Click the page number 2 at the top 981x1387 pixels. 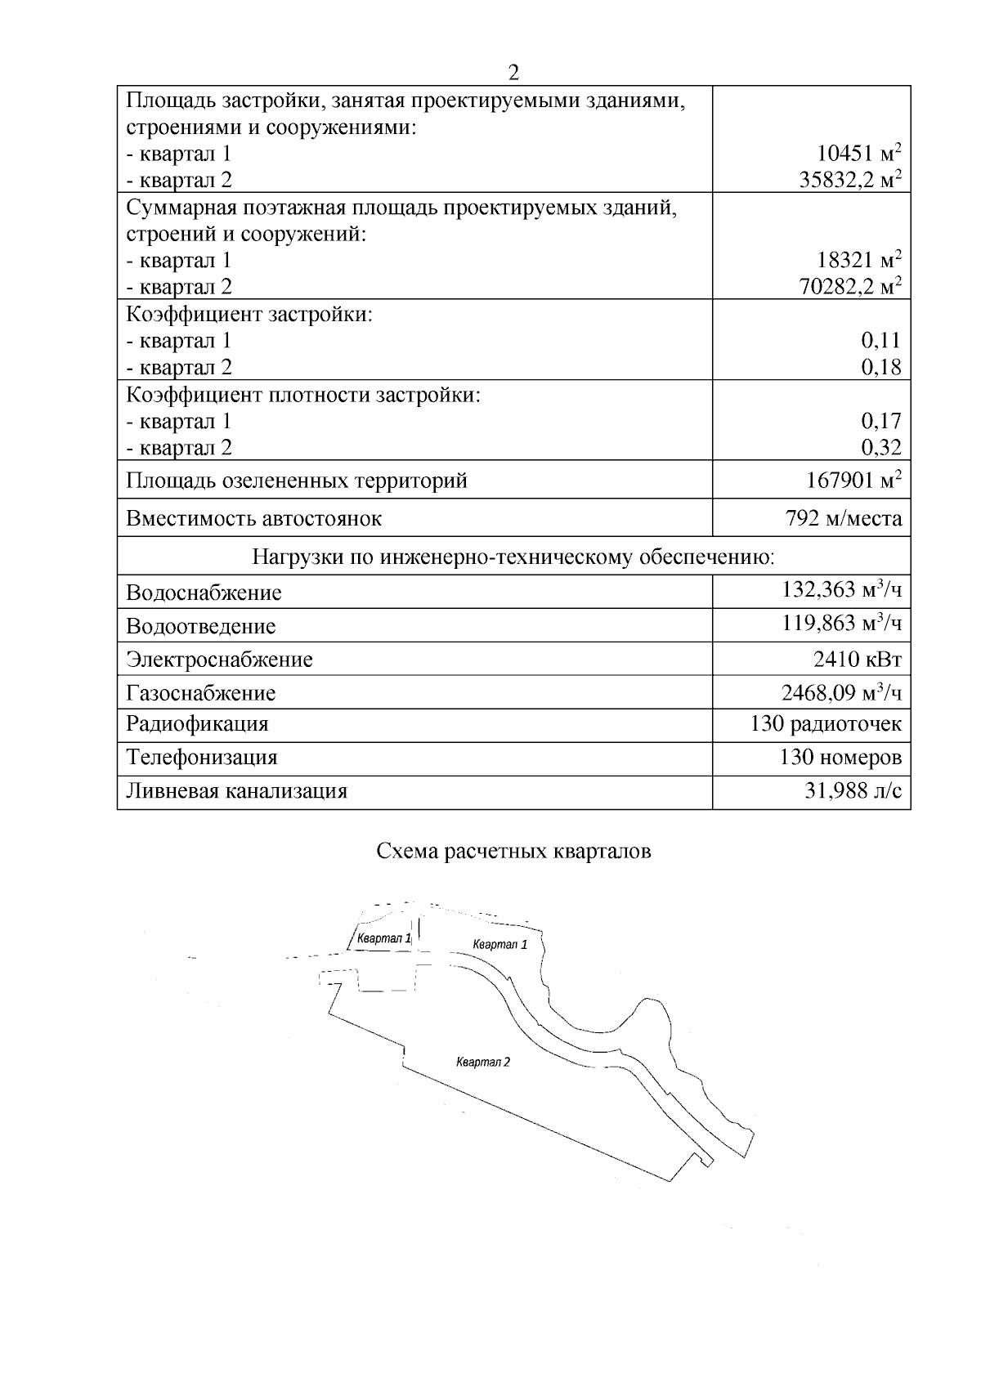coord(513,73)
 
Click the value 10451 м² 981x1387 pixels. coord(859,153)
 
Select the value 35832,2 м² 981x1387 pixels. coord(850,180)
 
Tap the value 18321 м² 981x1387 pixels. coord(859,260)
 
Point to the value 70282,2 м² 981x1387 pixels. coord(850,286)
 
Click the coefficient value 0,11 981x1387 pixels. coord(881,340)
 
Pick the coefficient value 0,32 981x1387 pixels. coord(881,447)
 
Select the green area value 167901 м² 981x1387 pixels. coord(854,481)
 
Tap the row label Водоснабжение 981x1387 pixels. coord(204,593)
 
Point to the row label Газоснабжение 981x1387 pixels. coord(201,693)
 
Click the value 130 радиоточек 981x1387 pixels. coord(826,724)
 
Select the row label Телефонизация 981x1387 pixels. coord(201,757)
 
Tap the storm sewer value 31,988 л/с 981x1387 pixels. coord(853,791)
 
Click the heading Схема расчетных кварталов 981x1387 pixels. coord(513,852)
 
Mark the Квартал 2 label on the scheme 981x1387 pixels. coord(483,1063)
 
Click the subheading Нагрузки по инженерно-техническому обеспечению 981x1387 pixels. coord(513,557)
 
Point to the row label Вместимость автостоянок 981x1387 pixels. coord(254,518)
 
